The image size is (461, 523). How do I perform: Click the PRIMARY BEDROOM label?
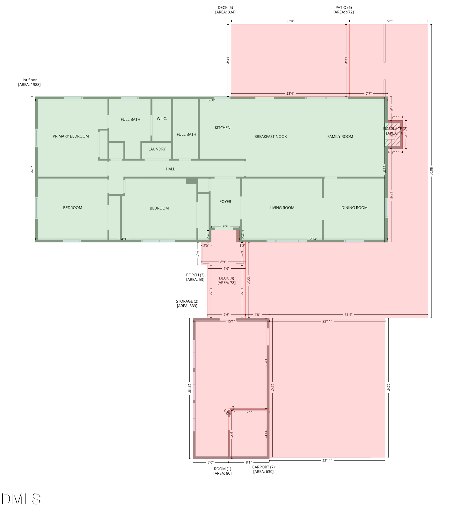71,136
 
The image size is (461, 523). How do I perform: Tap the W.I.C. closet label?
162,119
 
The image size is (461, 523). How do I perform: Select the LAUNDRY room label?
157,149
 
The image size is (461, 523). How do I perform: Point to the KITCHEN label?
222,128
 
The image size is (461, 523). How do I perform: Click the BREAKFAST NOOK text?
271,137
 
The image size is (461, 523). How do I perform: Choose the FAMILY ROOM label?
340,137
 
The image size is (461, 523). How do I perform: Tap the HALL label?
170,169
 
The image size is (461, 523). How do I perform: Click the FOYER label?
225,202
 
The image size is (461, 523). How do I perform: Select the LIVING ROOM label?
282,208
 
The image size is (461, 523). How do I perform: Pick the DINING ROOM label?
354,208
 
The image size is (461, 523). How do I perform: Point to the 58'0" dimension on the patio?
431,171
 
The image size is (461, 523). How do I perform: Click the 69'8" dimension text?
211,100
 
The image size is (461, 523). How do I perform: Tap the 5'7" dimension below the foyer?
225,227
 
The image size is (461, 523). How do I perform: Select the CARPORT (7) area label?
263,469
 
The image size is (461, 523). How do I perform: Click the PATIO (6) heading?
344,10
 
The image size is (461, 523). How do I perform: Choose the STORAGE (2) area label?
187,304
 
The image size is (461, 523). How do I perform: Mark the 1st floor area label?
29,82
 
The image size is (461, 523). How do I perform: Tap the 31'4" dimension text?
348,315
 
